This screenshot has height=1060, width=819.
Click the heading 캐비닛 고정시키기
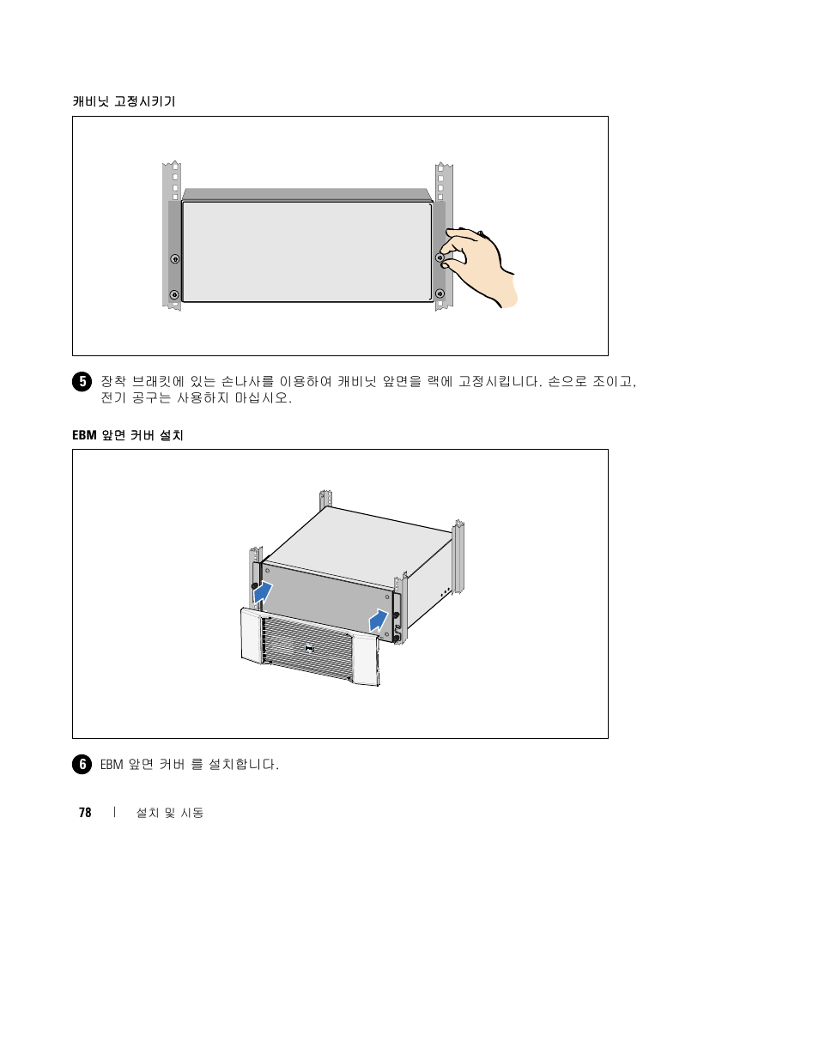coord(124,101)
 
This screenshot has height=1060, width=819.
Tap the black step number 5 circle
coord(82,381)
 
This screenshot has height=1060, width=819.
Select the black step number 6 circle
coord(82,765)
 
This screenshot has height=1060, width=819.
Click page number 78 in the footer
coord(85,813)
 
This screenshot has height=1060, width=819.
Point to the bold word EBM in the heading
coord(84,435)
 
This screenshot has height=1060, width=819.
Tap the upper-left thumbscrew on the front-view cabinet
coord(174,258)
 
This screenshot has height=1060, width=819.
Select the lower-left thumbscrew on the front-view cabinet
coord(174,294)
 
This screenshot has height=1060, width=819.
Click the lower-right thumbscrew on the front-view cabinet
coord(440,294)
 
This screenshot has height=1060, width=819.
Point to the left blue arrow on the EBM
coord(263,593)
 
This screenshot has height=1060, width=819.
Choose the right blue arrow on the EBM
coord(379,621)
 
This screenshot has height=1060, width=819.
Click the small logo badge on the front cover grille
coord(309,648)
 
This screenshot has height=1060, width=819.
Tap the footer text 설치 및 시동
coord(170,813)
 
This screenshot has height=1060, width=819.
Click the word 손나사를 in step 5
coord(247,381)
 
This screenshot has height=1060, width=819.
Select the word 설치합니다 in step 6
coord(242,765)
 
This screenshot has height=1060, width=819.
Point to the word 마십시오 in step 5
coord(262,398)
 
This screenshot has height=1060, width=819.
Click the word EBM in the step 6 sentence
coord(112,765)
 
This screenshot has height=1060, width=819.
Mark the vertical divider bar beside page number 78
coord(114,812)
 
